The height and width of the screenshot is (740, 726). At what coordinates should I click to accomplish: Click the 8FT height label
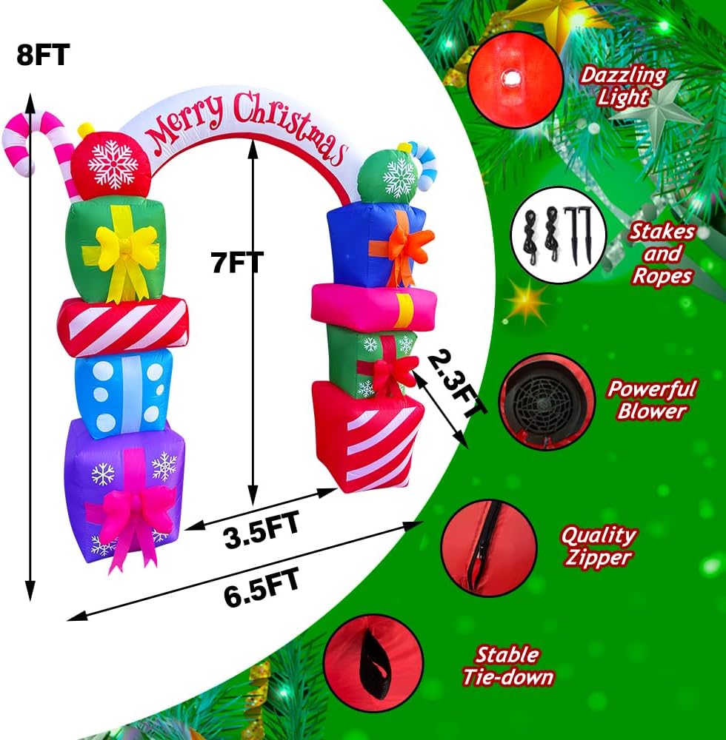pos(43,54)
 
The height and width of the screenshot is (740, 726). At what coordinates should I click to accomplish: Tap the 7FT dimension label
pos(236,263)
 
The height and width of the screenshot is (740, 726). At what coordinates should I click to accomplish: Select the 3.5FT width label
pos(262,530)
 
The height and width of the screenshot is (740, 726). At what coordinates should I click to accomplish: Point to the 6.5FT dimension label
pos(262,588)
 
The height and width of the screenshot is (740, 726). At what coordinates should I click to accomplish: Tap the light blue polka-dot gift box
pos(123,392)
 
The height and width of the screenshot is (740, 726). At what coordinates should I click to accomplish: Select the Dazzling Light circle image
pos(516,80)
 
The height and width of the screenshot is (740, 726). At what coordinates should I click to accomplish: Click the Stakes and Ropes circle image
pos(559,235)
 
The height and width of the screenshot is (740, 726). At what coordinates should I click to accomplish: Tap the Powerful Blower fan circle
pos(547,401)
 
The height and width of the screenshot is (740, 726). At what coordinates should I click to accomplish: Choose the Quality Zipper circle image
pos(488,548)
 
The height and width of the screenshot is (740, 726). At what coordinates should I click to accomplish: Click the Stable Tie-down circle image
pos(373,663)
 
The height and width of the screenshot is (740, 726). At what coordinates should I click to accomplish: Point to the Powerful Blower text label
pos(652,400)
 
